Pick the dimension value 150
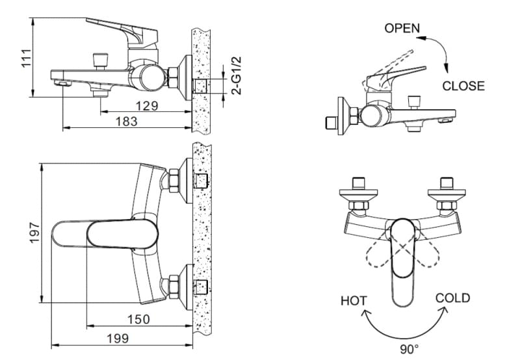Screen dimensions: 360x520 coord(138,319)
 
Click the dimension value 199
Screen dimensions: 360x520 coord(117,338)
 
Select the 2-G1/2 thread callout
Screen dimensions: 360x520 coord(237,76)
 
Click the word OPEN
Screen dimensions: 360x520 coord(402,28)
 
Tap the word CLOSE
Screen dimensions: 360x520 coord(463,86)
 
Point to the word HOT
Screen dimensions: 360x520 coord(354,301)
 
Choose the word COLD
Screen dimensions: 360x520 coord(452,298)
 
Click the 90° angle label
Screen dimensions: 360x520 coord(409,350)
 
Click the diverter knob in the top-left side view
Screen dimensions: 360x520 coord(100,60)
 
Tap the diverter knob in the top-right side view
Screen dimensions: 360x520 coord(413,101)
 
